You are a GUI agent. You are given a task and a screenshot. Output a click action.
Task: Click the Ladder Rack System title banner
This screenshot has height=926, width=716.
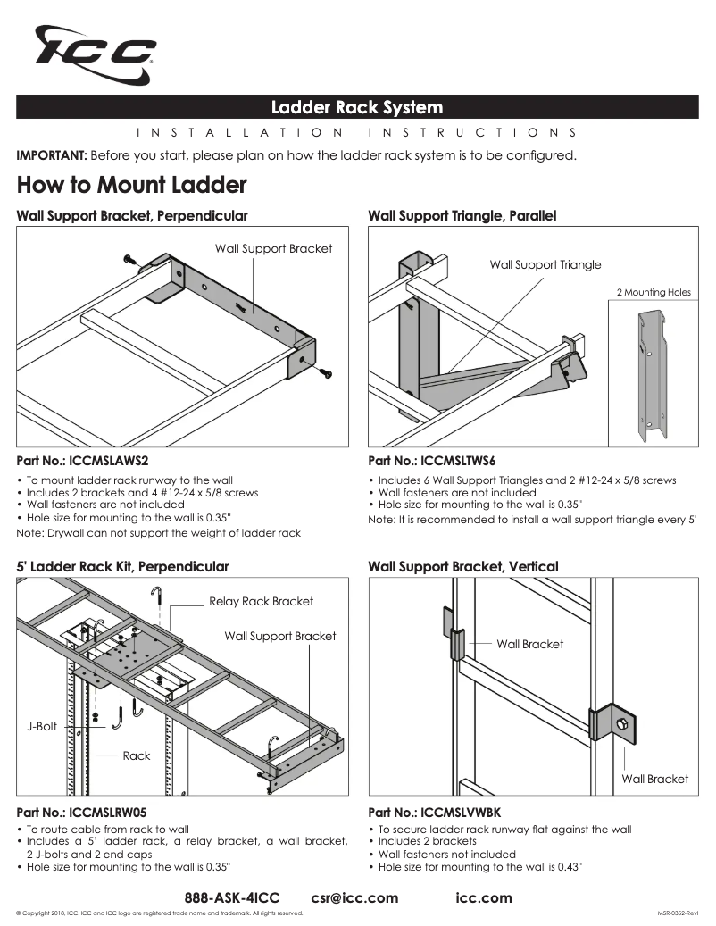tap(357, 108)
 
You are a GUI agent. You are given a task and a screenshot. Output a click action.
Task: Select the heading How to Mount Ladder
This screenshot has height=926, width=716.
tap(131, 186)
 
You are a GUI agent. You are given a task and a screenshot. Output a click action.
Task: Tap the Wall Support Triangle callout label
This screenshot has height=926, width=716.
tap(545, 264)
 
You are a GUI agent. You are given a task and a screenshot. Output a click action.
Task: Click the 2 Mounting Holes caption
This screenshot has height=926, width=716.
tap(654, 292)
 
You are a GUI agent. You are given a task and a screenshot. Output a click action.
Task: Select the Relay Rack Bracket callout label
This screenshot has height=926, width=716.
tap(261, 601)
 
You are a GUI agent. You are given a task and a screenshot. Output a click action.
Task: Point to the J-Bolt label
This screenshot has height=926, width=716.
tap(41, 726)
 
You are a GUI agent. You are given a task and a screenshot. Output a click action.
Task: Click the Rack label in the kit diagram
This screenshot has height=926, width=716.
tap(137, 755)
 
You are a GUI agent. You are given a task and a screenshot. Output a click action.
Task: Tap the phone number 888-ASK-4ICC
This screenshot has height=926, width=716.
tap(231, 897)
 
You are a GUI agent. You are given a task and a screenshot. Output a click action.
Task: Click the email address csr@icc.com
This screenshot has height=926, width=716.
tap(354, 897)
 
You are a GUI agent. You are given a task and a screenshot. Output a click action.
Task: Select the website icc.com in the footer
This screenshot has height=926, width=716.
tap(484, 897)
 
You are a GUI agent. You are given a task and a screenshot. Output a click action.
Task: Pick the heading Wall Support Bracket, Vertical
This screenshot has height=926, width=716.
tap(462, 566)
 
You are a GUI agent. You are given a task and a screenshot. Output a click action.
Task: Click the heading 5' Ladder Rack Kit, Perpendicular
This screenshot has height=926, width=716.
tap(122, 566)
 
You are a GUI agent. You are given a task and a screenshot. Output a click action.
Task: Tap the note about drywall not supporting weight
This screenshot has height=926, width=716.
tap(159, 533)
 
